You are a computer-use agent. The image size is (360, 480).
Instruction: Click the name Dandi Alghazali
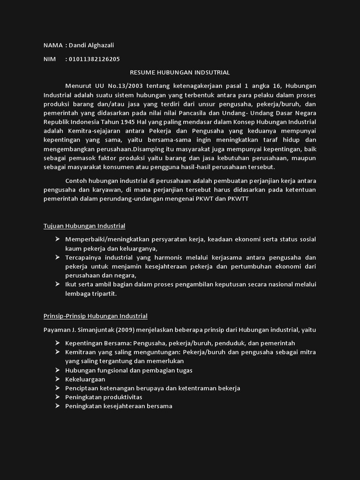(x=91, y=45)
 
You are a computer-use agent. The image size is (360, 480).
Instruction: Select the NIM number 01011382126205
(x=94, y=59)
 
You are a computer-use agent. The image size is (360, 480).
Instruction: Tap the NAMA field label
(x=53, y=45)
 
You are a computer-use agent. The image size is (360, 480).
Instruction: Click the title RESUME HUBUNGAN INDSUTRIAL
(x=180, y=72)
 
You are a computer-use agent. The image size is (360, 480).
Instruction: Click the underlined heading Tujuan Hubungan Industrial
(x=84, y=226)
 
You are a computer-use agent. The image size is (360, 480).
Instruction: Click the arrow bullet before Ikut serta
(x=57, y=284)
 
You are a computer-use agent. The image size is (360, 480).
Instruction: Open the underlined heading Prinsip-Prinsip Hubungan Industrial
(x=96, y=316)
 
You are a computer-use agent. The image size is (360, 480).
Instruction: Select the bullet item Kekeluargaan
(x=85, y=379)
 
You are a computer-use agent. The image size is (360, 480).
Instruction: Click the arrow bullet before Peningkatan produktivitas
(x=57, y=397)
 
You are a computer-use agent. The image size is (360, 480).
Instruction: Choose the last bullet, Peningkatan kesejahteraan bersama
(x=119, y=406)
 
